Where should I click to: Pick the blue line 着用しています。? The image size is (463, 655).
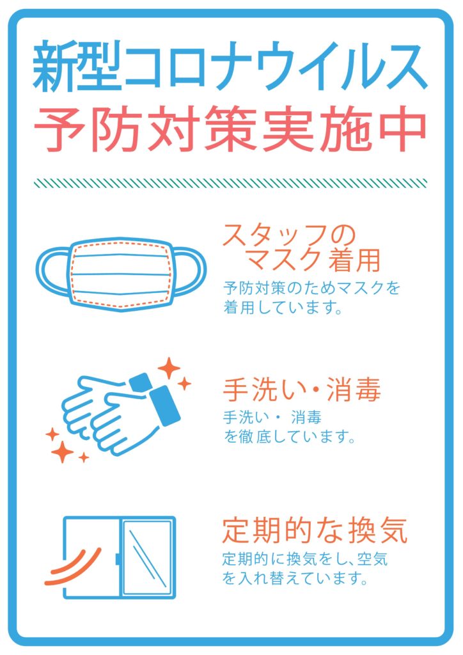click(281, 308)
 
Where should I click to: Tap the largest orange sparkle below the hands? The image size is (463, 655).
click(63, 452)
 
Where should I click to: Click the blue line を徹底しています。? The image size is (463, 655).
click(288, 438)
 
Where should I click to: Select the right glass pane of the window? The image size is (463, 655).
click(148, 556)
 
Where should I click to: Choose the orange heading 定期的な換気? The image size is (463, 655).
click(314, 530)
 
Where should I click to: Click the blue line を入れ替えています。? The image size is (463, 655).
click(295, 580)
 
